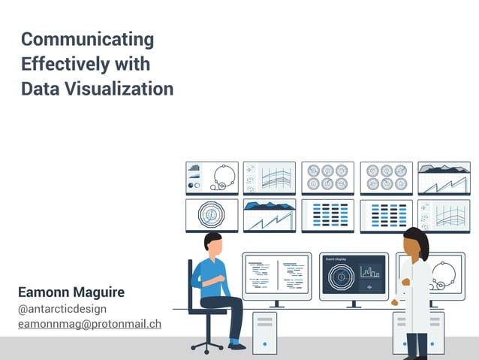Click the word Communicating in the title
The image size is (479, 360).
pos(87,39)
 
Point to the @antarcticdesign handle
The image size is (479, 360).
pos(62,309)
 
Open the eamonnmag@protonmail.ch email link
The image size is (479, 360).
pos(89,324)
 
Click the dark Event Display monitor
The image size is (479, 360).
pos(354,276)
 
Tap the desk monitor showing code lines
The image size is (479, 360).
pos(276,276)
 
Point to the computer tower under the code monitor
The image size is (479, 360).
pos(265,331)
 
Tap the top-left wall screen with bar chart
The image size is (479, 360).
pos(212,177)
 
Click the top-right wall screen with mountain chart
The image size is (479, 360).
pos(444,177)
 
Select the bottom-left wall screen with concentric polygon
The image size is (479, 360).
pos(212,215)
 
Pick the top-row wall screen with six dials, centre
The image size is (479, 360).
pos(327,177)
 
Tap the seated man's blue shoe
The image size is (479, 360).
pos(236,346)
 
